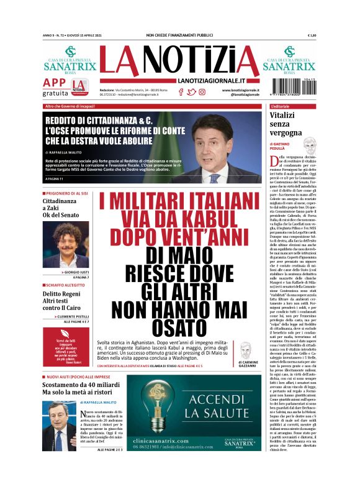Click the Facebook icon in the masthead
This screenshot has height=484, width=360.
(x=181, y=91)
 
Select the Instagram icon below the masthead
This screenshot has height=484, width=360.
(x=201, y=91)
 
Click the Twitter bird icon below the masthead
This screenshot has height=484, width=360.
(x=191, y=91)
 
